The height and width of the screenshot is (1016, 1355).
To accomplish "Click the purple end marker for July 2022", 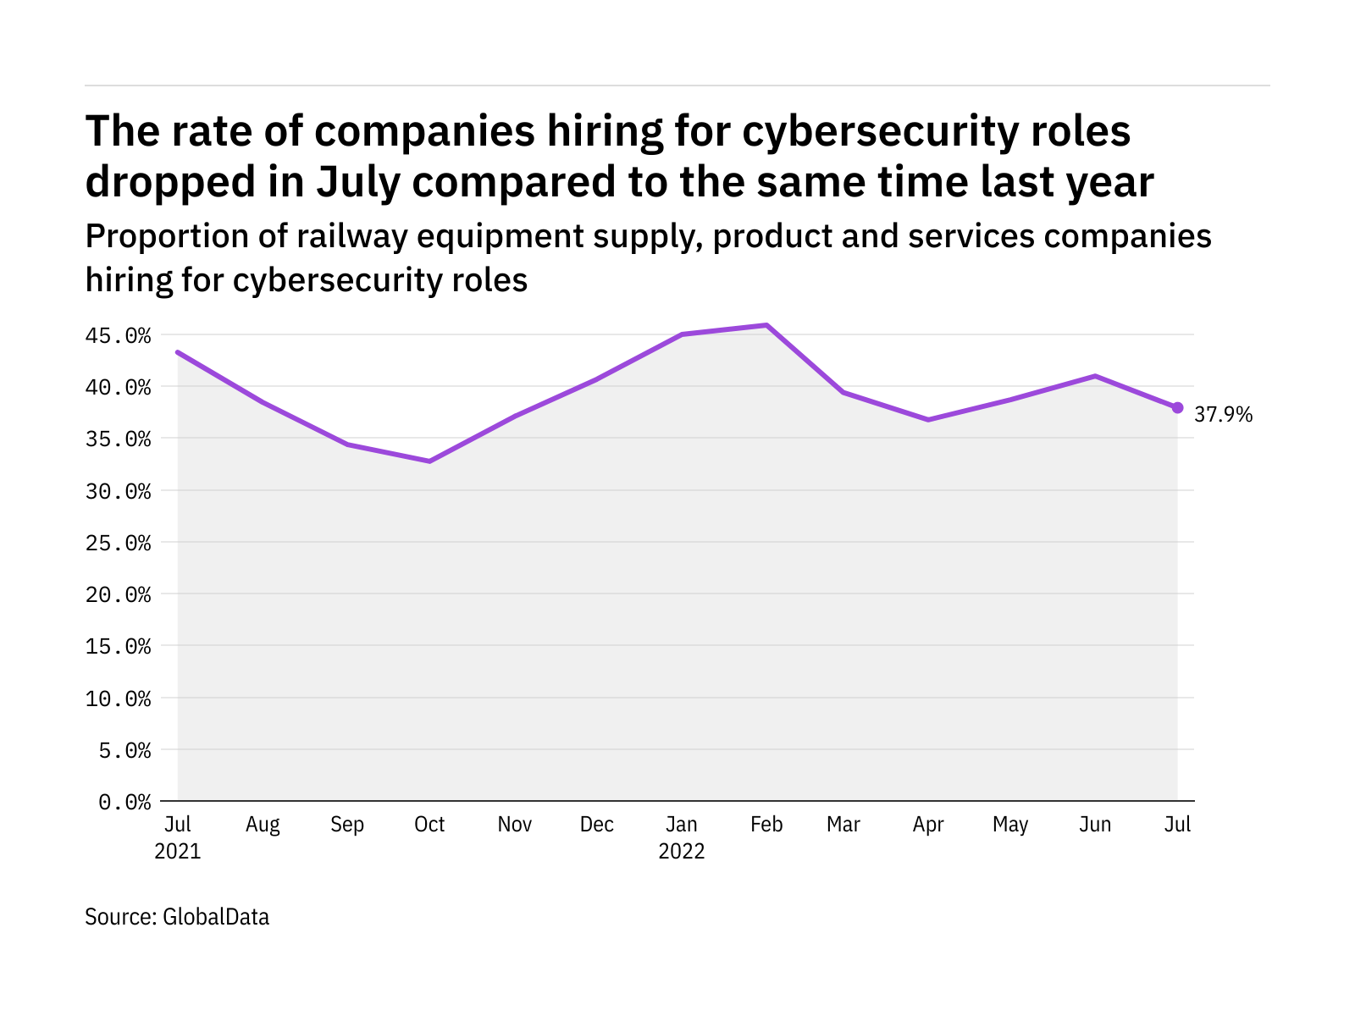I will click(x=1177, y=407).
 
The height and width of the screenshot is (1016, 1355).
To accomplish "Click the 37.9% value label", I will click(x=1223, y=415).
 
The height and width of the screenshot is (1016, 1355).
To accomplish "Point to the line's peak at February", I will click(x=766, y=325).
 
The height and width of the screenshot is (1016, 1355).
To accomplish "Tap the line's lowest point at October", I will click(x=429, y=461).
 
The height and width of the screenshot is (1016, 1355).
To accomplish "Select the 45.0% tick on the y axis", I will click(x=119, y=336).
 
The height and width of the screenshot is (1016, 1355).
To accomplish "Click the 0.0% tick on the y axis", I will click(x=124, y=802).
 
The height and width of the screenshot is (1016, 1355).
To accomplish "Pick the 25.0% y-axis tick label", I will click(x=119, y=543).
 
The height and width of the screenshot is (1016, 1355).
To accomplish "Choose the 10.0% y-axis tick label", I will click(x=119, y=698).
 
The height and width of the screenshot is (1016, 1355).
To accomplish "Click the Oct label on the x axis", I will click(x=429, y=825).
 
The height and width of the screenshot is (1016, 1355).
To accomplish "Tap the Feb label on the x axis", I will click(x=766, y=825).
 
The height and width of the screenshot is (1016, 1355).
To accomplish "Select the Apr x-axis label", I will click(x=928, y=825).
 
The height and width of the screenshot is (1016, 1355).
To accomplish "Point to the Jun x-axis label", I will click(x=1095, y=825).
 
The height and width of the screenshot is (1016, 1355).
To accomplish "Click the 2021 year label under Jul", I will click(x=178, y=851).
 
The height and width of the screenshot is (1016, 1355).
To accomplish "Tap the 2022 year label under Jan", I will click(x=682, y=851).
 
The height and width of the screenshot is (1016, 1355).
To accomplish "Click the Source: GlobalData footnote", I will click(x=177, y=916).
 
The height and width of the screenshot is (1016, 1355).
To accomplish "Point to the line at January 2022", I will click(x=682, y=334).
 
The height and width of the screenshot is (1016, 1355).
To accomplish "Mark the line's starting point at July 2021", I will click(x=178, y=351).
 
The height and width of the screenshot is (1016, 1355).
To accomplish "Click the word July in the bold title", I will click(x=357, y=182).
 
